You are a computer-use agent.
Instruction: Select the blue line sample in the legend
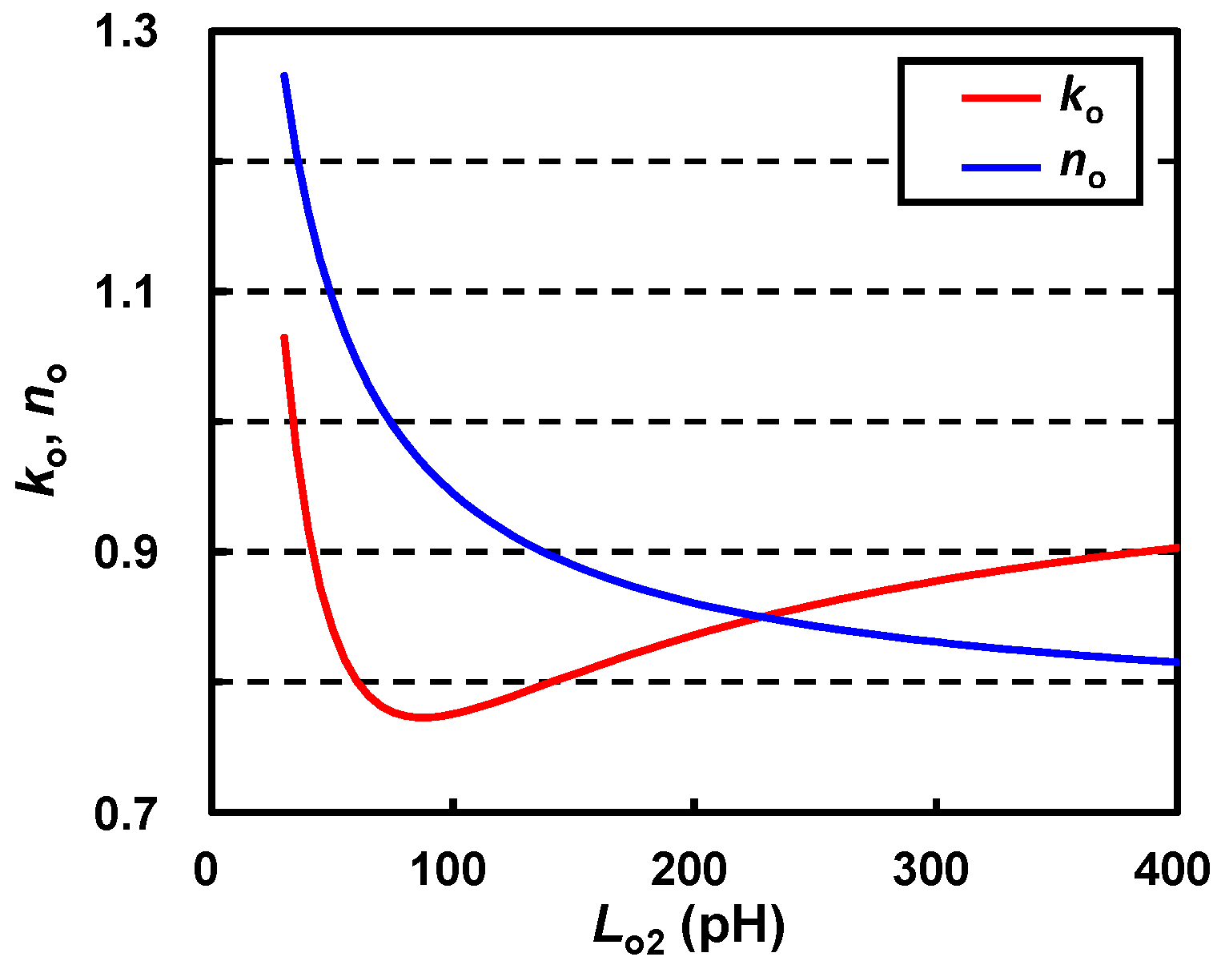tap(1001, 167)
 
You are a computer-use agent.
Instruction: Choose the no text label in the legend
tap(1081, 170)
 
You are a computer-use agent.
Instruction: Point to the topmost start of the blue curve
tap(283, 76)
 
